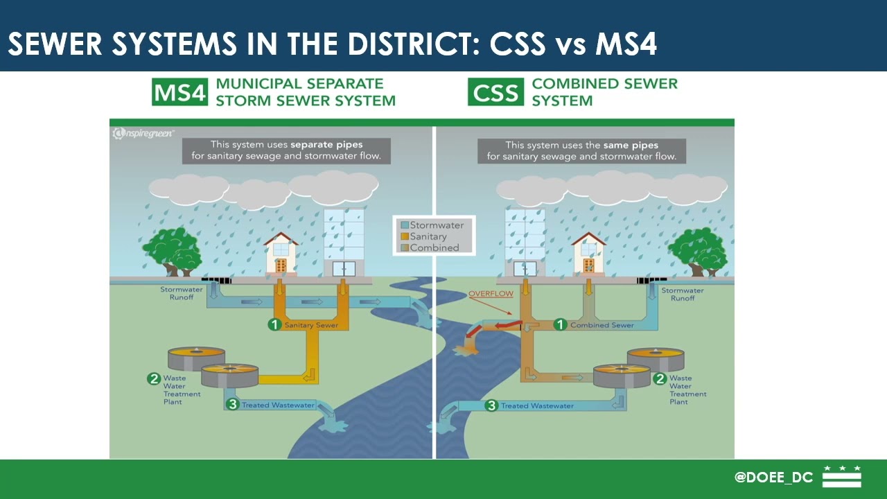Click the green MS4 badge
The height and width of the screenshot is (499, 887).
coord(179,93)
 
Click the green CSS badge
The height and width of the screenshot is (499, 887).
coord(495,93)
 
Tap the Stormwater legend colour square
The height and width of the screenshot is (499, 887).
coord(404,225)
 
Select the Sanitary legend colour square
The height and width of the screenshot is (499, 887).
coord(404,236)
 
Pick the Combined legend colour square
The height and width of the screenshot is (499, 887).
coord(404,247)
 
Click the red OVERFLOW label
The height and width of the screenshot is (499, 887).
coord(491,294)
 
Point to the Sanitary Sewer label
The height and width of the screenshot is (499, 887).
coord(311,325)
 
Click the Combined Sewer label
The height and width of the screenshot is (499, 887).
coord(601,325)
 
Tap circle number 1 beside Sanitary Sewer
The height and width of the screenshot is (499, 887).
coord(275,324)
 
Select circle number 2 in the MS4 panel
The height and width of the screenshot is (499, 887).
coord(154,378)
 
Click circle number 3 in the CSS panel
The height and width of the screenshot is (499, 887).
coord(491,405)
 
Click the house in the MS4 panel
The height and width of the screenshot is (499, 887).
coord(281,254)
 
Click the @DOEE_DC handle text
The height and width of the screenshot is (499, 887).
coord(773,478)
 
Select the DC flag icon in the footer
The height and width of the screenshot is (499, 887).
coord(841,477)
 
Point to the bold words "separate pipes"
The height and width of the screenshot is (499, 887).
coord(326,146)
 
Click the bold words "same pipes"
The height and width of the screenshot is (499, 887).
coord(631,146)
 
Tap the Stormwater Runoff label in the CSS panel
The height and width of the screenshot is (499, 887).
coord(682,294)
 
